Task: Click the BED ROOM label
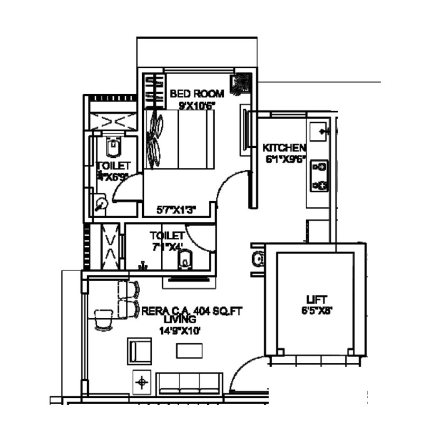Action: click(x=197, y=94)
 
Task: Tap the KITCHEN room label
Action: click(x=284, y=148)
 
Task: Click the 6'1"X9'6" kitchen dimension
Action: click(x=284, y=158)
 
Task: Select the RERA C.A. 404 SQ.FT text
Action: click(x=191, y=311)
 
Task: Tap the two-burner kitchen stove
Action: click(x=319, y=176)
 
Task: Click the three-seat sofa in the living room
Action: click(x=189, y=383)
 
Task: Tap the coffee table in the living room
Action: click(x=189, y=351)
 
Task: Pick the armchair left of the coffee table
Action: click(x=140, y=351)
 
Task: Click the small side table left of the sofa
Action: click(x=141, y=381)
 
